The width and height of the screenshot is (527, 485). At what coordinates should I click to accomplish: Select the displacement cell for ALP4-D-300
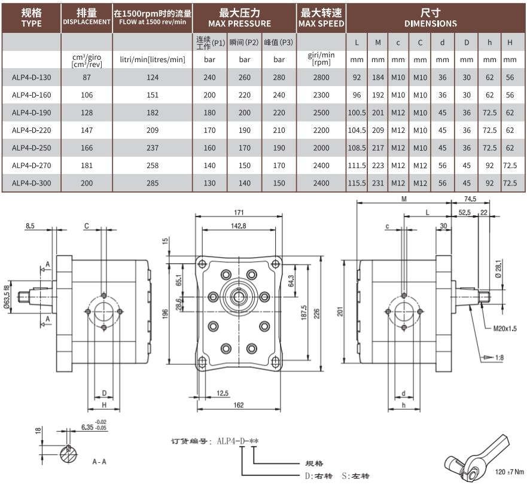tap(87, 184)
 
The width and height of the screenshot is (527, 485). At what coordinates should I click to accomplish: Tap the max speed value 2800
tap(321, 77)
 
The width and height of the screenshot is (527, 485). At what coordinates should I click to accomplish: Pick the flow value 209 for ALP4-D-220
tap(153, 130)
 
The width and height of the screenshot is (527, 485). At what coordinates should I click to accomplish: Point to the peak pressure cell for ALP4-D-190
tap(279, 112)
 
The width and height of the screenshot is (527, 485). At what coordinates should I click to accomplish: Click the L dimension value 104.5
tap(357, 130)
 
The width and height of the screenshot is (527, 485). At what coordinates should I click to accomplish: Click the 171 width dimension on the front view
tap(239, 213)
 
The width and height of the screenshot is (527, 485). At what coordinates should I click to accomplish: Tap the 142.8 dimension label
tap(239, 225)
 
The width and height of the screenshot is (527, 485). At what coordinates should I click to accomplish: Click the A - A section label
tap(100, 462)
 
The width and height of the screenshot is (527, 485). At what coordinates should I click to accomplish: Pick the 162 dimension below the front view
tap(239, 405)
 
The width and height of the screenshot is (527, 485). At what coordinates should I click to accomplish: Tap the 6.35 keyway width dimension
tap(91, 428)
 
